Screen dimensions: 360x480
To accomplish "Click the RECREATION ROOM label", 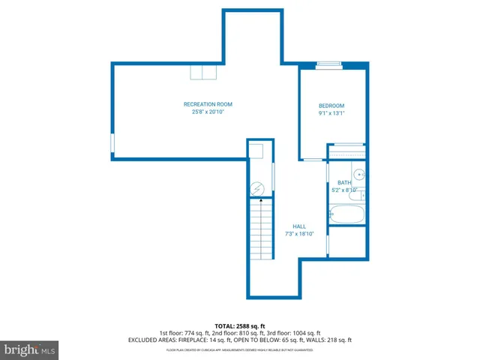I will pyautogui.click(x=208, y=104).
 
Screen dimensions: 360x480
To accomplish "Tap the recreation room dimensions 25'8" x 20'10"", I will pyautogui.click(x=208, y=112).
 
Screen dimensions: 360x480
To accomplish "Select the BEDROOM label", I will pyautogui.click(x=331, y=106).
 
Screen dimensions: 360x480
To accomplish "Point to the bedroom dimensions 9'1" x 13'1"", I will pyautogui.click(x=331, y=113).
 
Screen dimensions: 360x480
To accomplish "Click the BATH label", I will pyautogui.click(x=344, y=183).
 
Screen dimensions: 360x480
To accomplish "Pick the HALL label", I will pyautogui.click(x=299, y=226).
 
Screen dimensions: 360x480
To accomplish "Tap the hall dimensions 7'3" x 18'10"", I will pyautogui.click(x=299, y=234).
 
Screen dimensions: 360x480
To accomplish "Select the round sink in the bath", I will pyautogui.click(x=359, y=175).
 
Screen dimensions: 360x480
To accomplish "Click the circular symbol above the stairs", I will pyautogui.click(x=258, y=188).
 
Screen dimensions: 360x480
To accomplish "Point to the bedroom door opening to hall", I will pyautogui.click(x=312, y=160).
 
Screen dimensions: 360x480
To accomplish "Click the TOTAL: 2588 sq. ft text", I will pyautogui.click(x=239, y=325).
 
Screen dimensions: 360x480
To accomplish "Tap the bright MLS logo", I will pyautogui.click(x=30, y=349).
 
